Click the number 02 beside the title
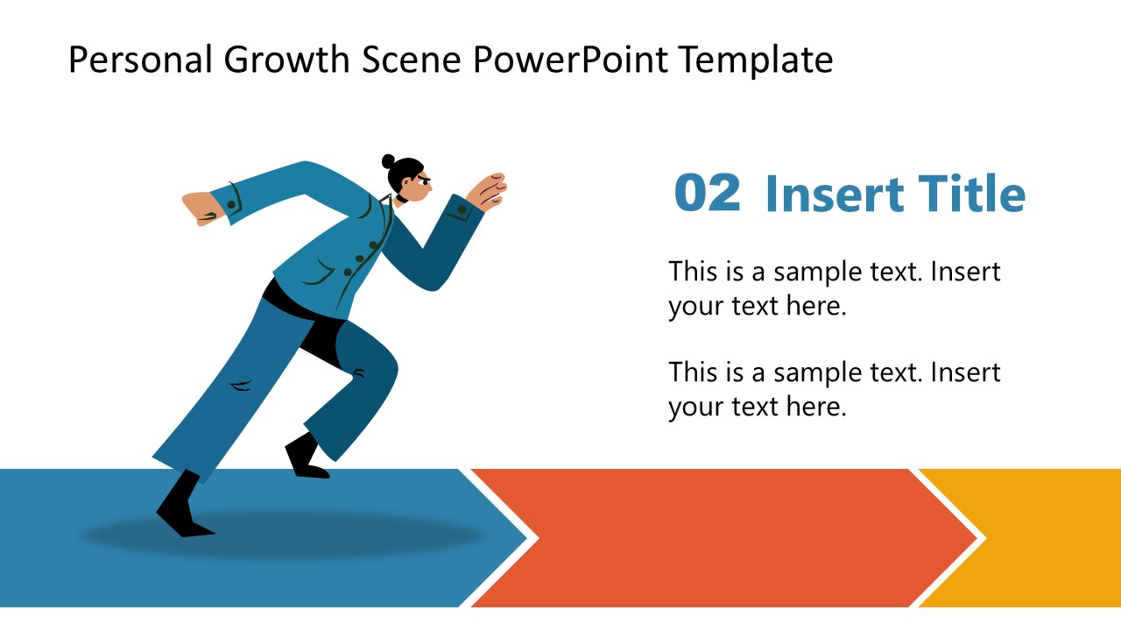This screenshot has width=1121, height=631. click(x=707, y=194)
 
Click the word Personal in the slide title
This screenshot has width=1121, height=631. click(x=141, y=60)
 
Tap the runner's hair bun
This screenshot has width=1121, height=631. click(x=389, y=161)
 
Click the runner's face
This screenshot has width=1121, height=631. click(x=417, y=185)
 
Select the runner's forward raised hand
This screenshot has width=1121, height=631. click(x=487, y=189)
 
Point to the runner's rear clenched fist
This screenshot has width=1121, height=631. click(x=201, y=209)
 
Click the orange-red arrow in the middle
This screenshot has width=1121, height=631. click(x=718, y=537)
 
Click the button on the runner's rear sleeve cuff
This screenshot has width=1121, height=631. click(x=233, y=204)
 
